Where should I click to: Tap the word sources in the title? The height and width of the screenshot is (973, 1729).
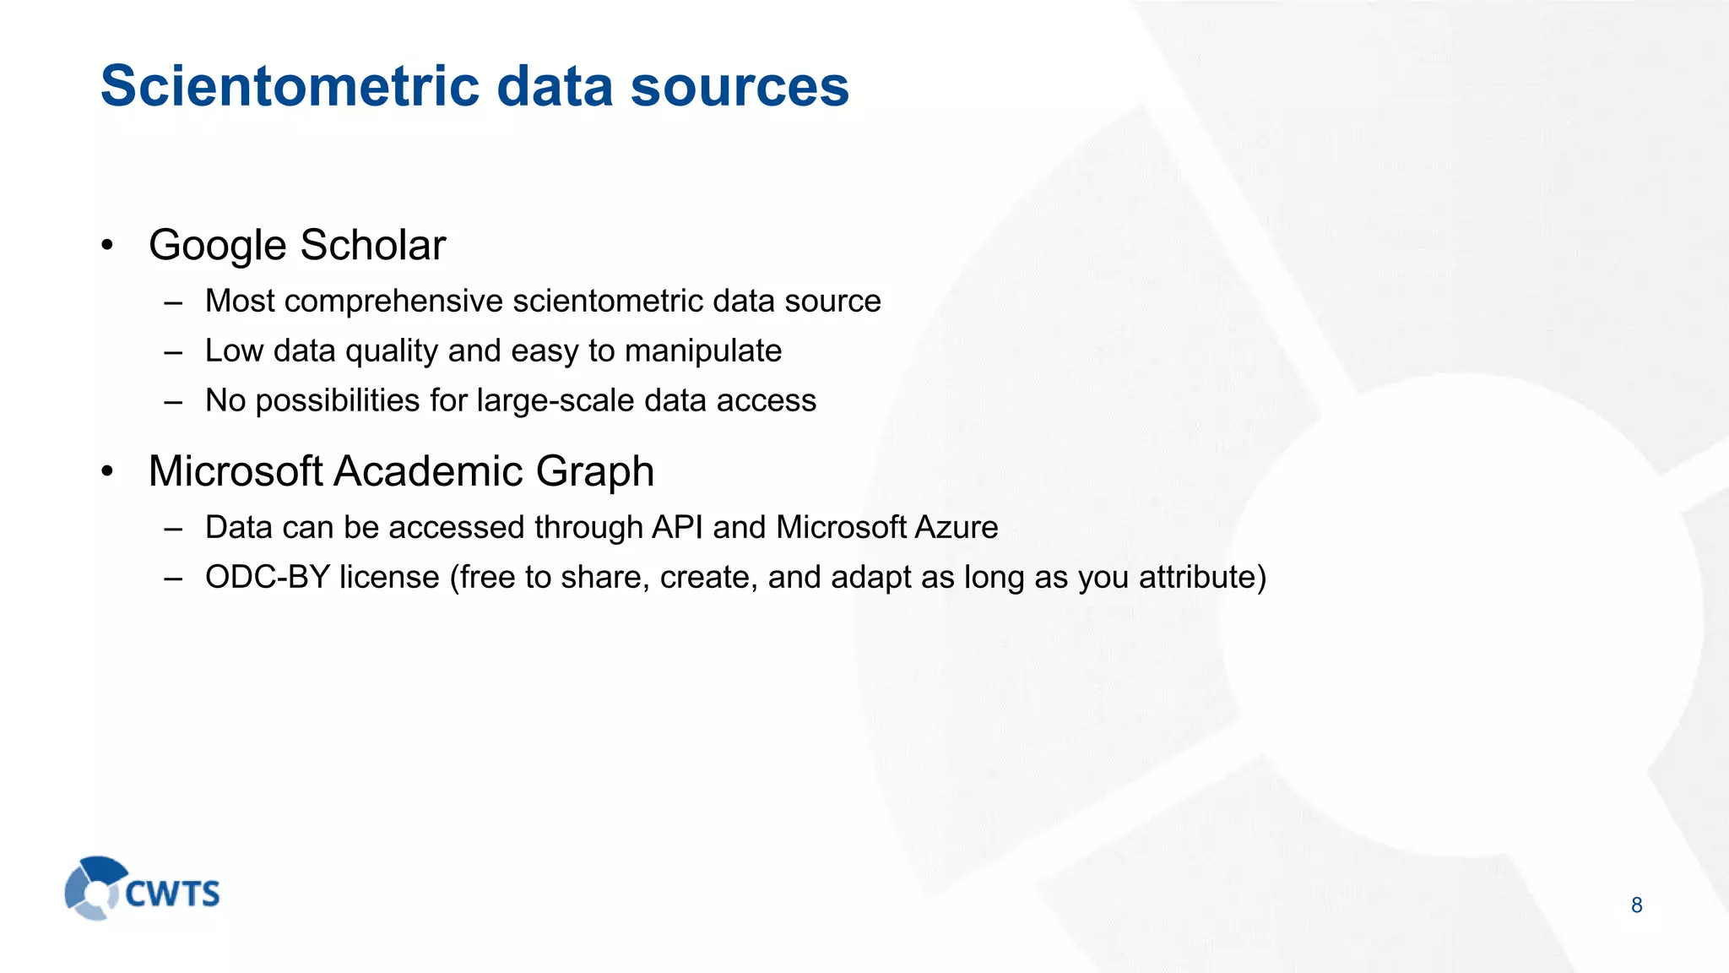point(740,86)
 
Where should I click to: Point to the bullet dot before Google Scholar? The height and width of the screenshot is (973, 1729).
point(106,246)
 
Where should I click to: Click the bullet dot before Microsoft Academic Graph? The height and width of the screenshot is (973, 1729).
point(106,471)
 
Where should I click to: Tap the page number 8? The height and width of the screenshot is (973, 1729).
point(1636,905)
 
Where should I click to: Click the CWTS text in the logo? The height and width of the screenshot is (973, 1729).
point(172,894)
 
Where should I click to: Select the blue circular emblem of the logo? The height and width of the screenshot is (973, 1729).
point(95,888)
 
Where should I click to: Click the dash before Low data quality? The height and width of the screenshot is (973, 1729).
point(174,352)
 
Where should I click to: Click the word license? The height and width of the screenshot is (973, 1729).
point(389,578)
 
